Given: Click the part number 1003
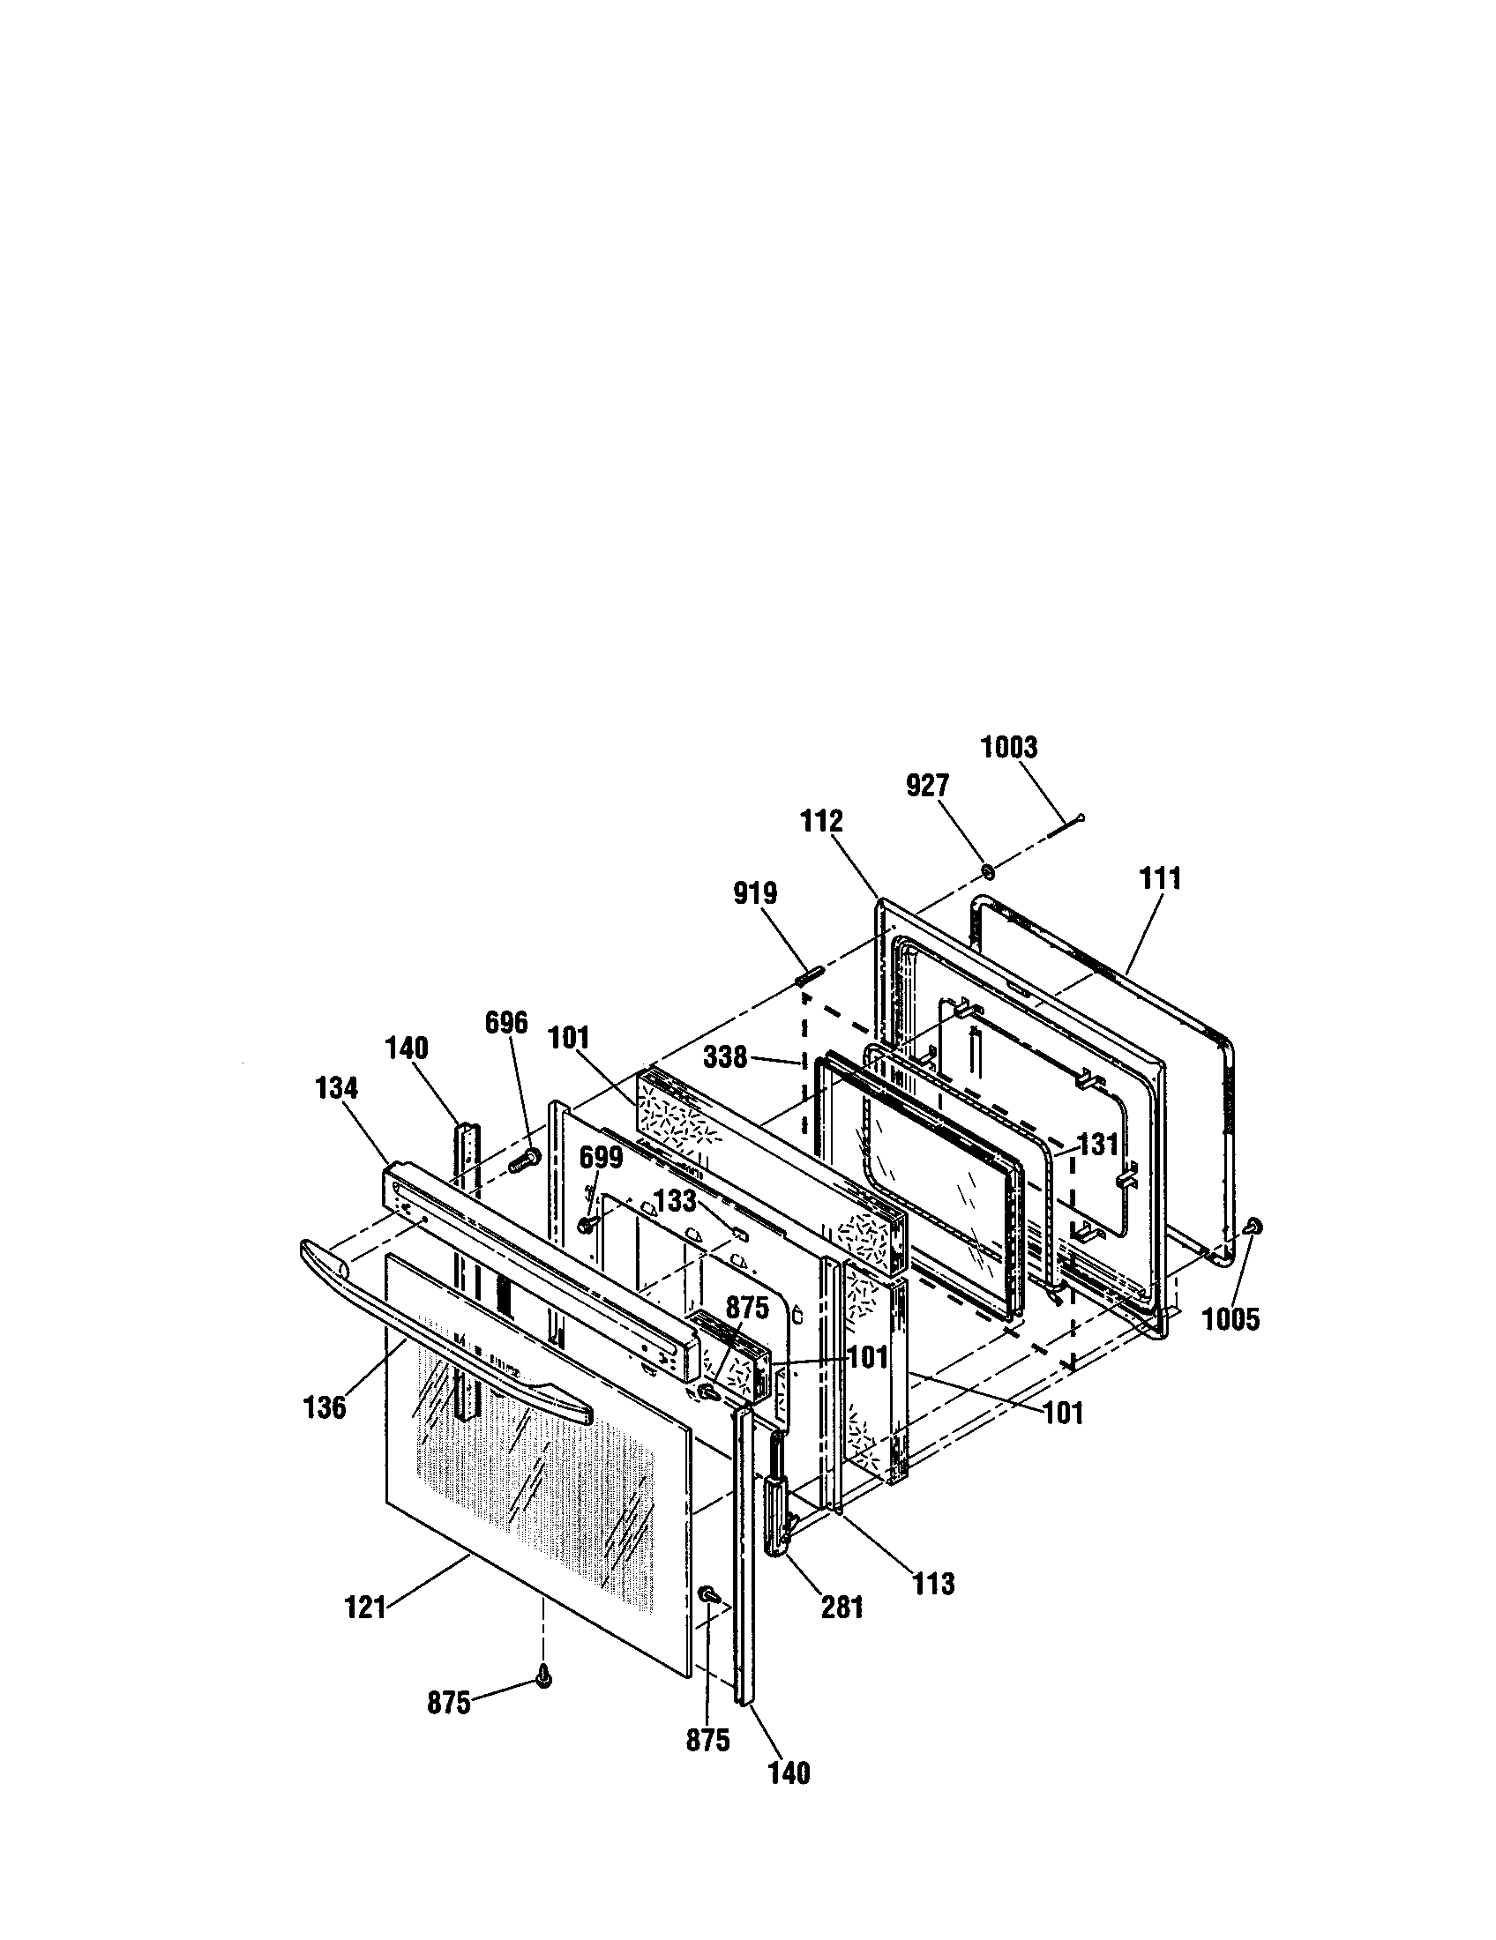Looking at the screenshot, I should pos(1008,748).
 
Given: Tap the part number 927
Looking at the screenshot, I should pos(927,786).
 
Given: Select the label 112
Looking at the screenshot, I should pos(821,822).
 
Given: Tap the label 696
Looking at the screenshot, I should pos(506,1023).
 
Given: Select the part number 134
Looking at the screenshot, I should pos(336,1088).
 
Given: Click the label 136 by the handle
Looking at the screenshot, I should pos(325,1408).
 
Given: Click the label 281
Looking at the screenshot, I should pos(842,1608).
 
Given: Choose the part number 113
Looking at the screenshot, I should pos(932,1584).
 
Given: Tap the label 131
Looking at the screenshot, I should pos(1098,1145).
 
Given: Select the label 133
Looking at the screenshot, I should pos(675,1202).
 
